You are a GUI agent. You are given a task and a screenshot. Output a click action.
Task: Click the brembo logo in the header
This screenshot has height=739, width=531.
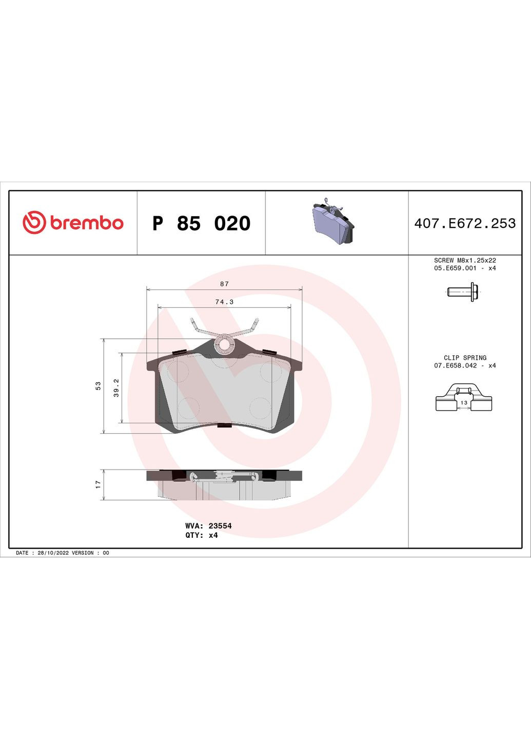tap(73, 223)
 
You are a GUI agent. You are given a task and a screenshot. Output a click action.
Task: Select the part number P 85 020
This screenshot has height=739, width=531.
tap(201, 223)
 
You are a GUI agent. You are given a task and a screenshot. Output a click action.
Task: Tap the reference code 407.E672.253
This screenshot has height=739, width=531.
tap(465, 223)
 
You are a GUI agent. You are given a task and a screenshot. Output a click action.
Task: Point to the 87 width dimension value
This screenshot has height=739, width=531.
tap(224, 284)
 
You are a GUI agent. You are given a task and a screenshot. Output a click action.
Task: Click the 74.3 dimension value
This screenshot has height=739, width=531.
tap(224, 302)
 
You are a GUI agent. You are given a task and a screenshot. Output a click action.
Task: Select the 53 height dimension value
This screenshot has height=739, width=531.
tap(98, 385)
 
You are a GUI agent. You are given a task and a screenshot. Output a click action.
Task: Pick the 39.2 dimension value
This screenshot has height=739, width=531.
tap(116, 387)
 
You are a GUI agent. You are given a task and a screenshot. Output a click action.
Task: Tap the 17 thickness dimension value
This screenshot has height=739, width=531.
tap(98, 484)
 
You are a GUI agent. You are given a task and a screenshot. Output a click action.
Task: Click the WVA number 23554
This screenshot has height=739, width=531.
tap(220, 526)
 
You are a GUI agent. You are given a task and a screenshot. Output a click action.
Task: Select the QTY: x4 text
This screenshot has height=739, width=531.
tap(202, 535)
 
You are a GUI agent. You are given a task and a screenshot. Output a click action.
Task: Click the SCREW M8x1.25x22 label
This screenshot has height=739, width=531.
tap(465, 260)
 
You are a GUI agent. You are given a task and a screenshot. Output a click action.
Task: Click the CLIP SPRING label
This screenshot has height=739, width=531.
tap(465, 358)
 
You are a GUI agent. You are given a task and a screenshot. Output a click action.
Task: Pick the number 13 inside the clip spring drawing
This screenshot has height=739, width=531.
tap(464, 403)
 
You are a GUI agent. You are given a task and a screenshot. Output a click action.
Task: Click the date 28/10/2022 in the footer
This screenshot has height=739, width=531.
tap(53, 553)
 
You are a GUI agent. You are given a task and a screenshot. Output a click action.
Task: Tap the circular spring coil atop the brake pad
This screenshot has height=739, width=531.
tap(225, 343)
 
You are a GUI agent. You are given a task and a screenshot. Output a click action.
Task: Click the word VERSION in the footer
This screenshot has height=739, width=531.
tap(83, 553)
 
